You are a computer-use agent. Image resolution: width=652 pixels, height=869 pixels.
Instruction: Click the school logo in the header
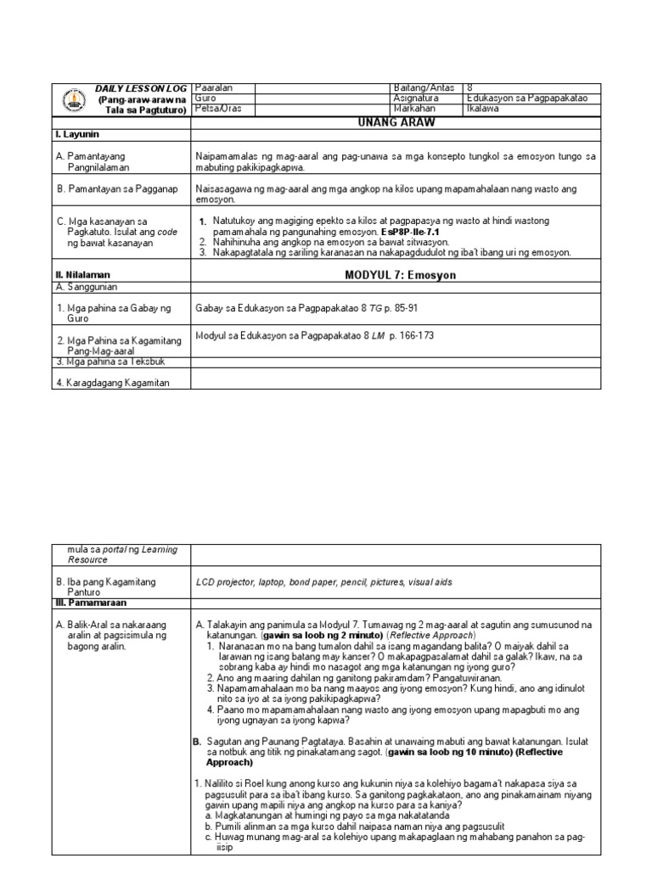(x=74, y=101)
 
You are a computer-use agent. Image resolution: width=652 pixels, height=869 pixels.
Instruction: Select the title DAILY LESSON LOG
(x=138, y=89)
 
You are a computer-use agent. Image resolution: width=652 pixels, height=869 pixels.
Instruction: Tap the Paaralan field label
(x=214, y=88)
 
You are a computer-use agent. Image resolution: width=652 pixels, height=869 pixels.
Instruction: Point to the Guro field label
(x=206, y=98)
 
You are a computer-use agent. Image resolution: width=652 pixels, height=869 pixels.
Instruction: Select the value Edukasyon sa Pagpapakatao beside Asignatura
(x=527, y=98)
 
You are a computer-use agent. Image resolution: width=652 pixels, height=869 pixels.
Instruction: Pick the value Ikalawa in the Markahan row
(x=483, y=109)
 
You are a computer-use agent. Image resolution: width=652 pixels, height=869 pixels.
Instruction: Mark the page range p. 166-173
(x=412, y=336)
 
